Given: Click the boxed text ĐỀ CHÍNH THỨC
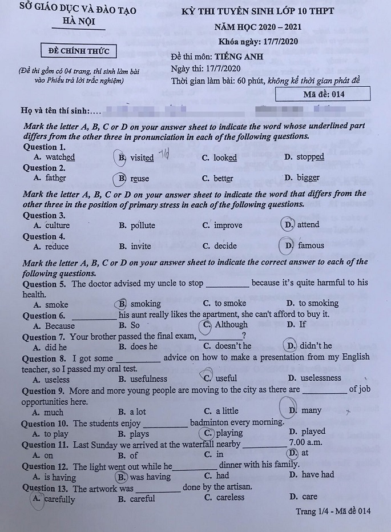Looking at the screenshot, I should [79, 51].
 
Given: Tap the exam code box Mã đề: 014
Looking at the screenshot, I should [323, 94].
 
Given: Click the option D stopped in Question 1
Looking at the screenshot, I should [304, 157].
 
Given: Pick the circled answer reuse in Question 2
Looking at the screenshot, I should [135, 178].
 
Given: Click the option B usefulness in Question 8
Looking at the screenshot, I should [143, 378].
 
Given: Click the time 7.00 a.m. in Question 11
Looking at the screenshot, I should [305, 442].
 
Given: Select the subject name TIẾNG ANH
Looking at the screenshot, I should [235, 57].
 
